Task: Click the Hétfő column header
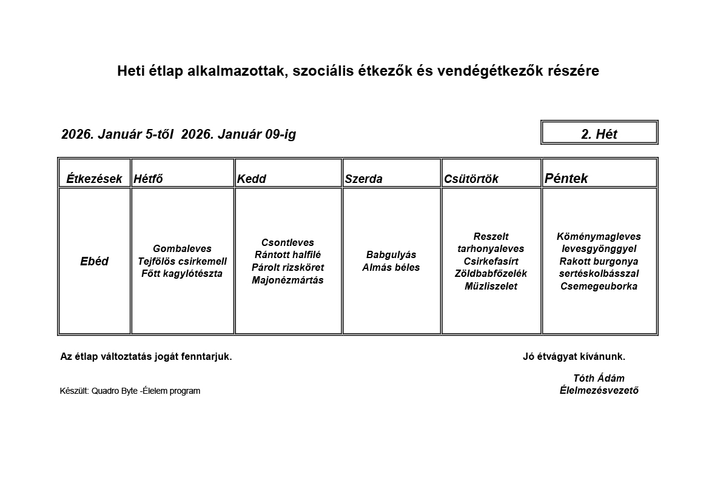pos(148,179)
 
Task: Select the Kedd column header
pos(251,179)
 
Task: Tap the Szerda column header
pos(363,179)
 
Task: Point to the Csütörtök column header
pos(471,179)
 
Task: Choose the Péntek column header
pos(566,178)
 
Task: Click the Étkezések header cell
pos(94,179)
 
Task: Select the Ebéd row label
pos(94,261)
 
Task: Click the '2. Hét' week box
pos(599,134)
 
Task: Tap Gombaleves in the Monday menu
pos(182,248)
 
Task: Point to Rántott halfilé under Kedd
pos(287,254)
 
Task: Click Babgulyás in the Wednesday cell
pos(391,254)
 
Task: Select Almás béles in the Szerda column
pos(391,267)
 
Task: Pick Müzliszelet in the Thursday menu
pos(491,286)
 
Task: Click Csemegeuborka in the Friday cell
pos(599,286)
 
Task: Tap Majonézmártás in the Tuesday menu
pos(287,280)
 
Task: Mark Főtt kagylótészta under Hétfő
pos(182,273)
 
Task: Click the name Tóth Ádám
pos(599,378)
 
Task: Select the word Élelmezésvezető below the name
pos(599,390)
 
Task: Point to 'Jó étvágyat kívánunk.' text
pos(574,356)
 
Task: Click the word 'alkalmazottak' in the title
pos(238,71)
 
